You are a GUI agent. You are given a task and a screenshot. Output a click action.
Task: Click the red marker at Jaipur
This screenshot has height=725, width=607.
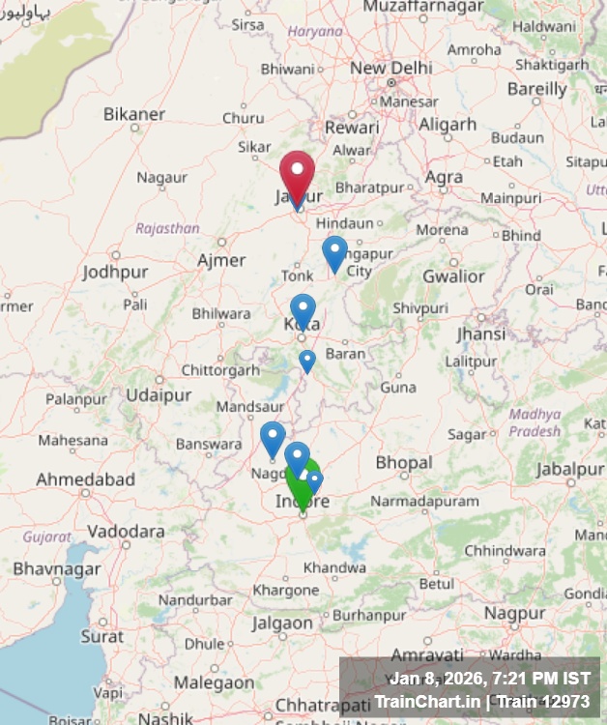[297, 173]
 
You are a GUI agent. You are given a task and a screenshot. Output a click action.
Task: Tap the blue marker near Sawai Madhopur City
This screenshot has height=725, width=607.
[334, 253]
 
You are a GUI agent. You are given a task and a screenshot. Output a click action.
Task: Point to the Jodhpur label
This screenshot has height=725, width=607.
[115, 272]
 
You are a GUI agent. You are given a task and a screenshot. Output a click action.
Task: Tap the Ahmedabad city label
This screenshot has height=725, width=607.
[85, 479]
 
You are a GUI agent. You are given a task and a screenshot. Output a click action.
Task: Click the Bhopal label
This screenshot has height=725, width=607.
[404, 463]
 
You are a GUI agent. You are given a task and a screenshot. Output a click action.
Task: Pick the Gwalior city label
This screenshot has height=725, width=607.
[453, 276]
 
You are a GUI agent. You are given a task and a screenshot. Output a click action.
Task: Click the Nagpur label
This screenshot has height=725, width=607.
[515, 613]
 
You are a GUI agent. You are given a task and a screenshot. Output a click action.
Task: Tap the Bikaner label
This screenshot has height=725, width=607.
[134, 114]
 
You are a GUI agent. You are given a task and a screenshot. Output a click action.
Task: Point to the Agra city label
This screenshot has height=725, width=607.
[444, 177]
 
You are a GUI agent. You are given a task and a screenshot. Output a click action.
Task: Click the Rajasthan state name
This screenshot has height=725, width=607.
[167, 229]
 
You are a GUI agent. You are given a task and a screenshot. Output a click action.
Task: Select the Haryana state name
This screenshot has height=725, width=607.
[315, 31]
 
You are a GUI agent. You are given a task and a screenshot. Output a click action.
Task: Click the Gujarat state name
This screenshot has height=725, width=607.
[46, 536]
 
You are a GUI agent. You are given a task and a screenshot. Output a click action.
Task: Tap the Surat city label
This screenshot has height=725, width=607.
[101, 636]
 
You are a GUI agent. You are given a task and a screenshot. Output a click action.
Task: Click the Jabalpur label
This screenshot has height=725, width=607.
[569, 469]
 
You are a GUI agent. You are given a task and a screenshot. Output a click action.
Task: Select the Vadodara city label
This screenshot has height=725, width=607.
[126, 531]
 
